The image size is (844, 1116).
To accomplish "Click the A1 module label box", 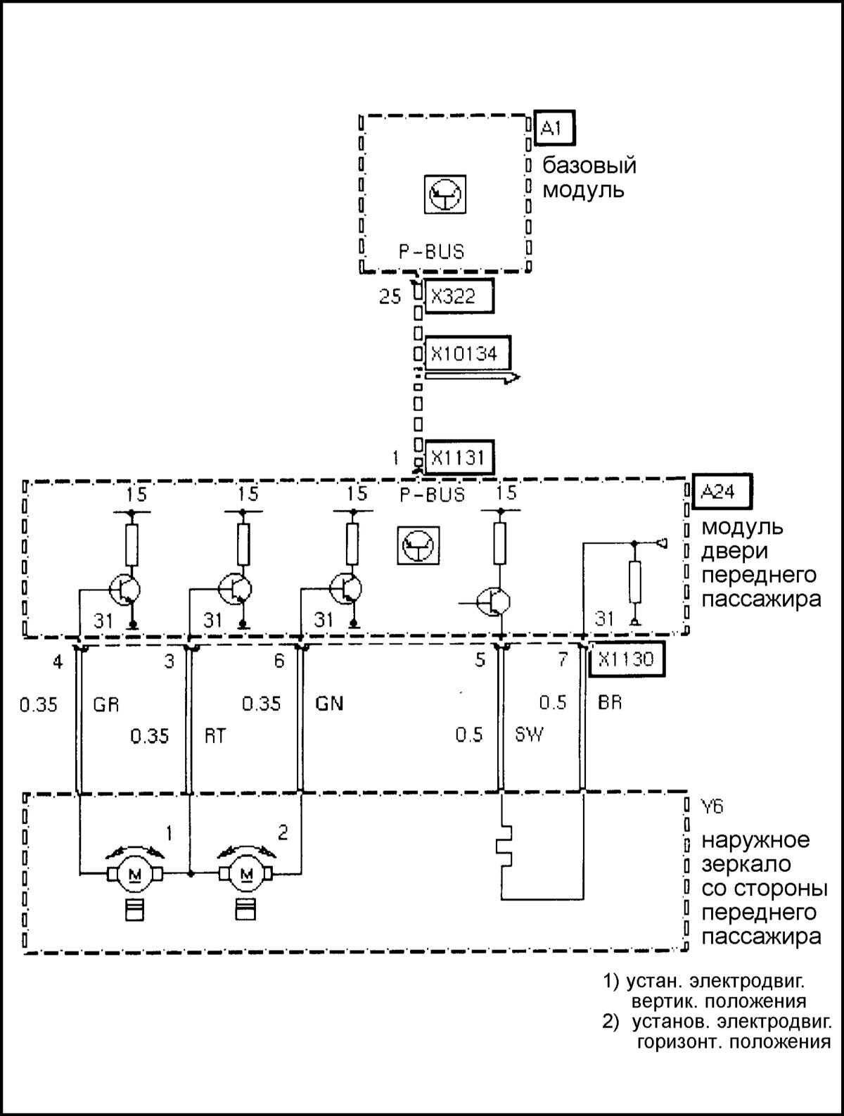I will pos(554,129).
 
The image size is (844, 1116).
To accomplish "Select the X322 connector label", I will pos(459,296).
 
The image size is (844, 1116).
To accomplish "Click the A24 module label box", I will pos(722,491).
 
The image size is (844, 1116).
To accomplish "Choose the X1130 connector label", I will pos(625,659).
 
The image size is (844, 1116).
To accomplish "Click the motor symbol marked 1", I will pos(134,874).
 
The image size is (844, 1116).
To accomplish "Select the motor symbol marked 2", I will pos(247,874).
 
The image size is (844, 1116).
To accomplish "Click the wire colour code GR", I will pos(105,704).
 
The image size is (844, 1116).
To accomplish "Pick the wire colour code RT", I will pos(215,735).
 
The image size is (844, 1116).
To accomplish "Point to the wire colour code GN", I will pos(329,704).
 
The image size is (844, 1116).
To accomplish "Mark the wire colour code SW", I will pos(529,735).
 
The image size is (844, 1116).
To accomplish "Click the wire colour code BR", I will pos(610,702).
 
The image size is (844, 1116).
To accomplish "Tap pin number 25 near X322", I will pos(390,296).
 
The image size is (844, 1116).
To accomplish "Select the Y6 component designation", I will pos(712,806).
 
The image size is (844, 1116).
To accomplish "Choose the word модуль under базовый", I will pos(583,190).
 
